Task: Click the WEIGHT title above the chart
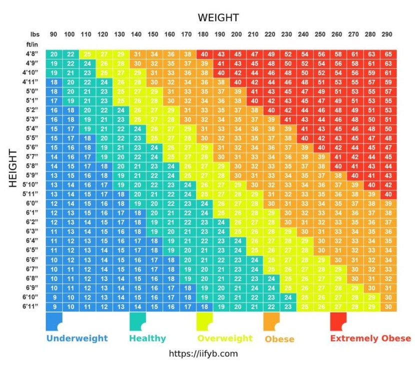(x=218, y=18)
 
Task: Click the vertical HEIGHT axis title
(x=13, y=167)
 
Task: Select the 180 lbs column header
(x=203, y=34)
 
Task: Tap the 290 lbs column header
(x=387, y=34)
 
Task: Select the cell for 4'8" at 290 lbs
(x=388, y=54)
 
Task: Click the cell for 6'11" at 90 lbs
(x=53, y=306)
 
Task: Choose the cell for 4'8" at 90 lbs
(x=53, y=54)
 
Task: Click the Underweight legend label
(x=77, y=338)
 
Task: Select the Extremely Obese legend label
(x=370, y=338)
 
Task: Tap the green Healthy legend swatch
(x=136, y=321)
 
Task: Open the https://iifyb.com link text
(x=203, y=353)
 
